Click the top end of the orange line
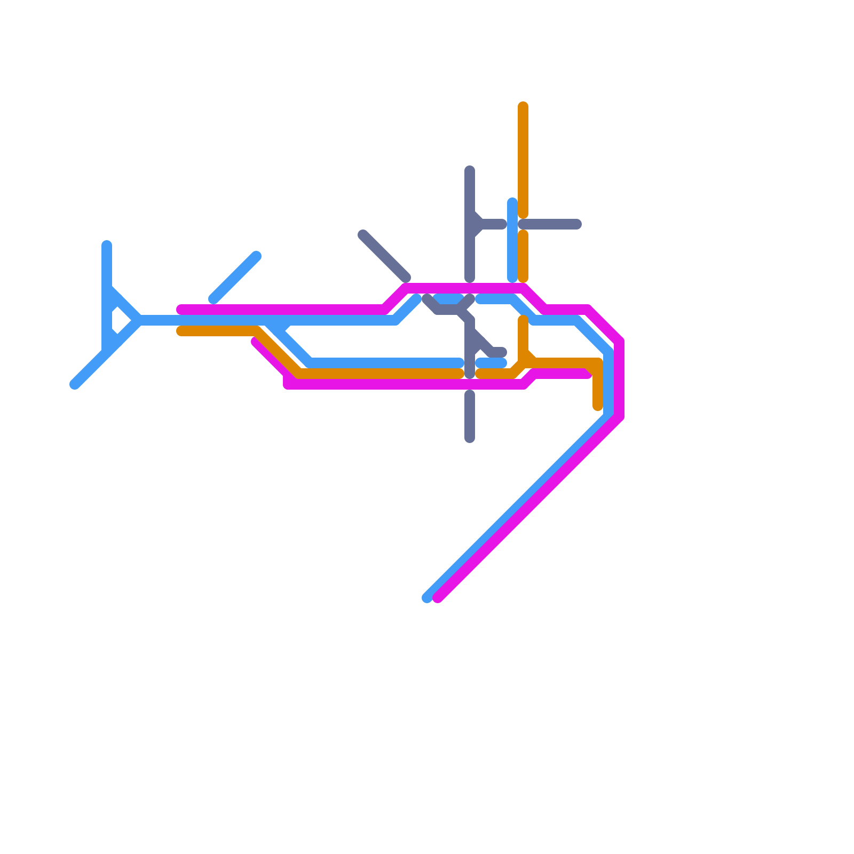click(523, 106)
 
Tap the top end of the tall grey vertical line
click(470, 170)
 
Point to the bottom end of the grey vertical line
click(470, 439)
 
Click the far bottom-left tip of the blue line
click(74, 385)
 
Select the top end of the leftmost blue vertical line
click(107, 245)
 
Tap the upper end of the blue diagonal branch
click(257, 256)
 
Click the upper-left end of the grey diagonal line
click(362, 234)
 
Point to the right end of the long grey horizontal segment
click(577, 224)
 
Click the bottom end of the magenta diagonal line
click(438, 598)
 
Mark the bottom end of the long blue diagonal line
click(426, 598)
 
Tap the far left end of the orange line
click(181, 331)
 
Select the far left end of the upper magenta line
click(181, 310)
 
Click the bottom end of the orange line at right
click(598, 407)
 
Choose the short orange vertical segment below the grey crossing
click(523, 256)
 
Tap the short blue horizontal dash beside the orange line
click(491, 363)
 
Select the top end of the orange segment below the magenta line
click(523, 320)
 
